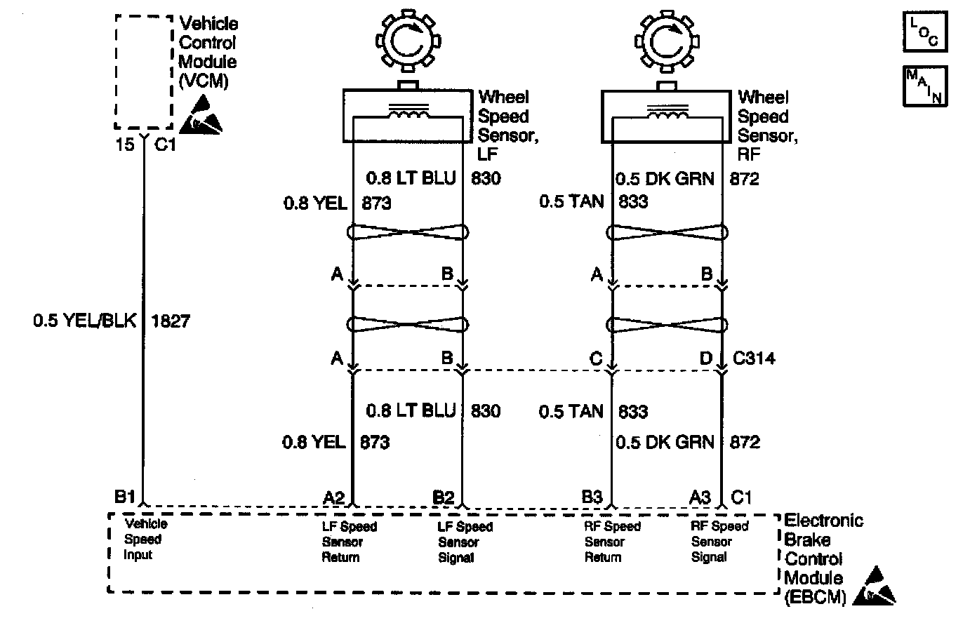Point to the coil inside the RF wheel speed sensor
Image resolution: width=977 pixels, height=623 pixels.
pos(667,112)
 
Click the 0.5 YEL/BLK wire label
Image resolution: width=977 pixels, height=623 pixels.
pos(84,321)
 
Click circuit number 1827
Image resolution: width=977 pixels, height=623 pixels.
pos(171,321)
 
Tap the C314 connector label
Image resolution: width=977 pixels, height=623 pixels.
pos(754,359)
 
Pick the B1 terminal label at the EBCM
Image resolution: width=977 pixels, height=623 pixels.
pos(125,497)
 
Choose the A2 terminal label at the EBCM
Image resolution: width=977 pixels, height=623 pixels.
pos(333,497)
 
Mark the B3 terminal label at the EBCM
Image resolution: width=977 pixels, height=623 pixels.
pos(592,497)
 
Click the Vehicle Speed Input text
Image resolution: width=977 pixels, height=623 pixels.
pos(145,539)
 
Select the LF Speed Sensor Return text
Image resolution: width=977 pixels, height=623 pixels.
pos(349,542)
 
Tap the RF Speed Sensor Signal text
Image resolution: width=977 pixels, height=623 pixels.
pos(719,542)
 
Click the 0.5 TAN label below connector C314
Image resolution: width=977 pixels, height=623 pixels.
pos(571,411)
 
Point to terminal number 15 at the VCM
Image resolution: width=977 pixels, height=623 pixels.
pos(124,145)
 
